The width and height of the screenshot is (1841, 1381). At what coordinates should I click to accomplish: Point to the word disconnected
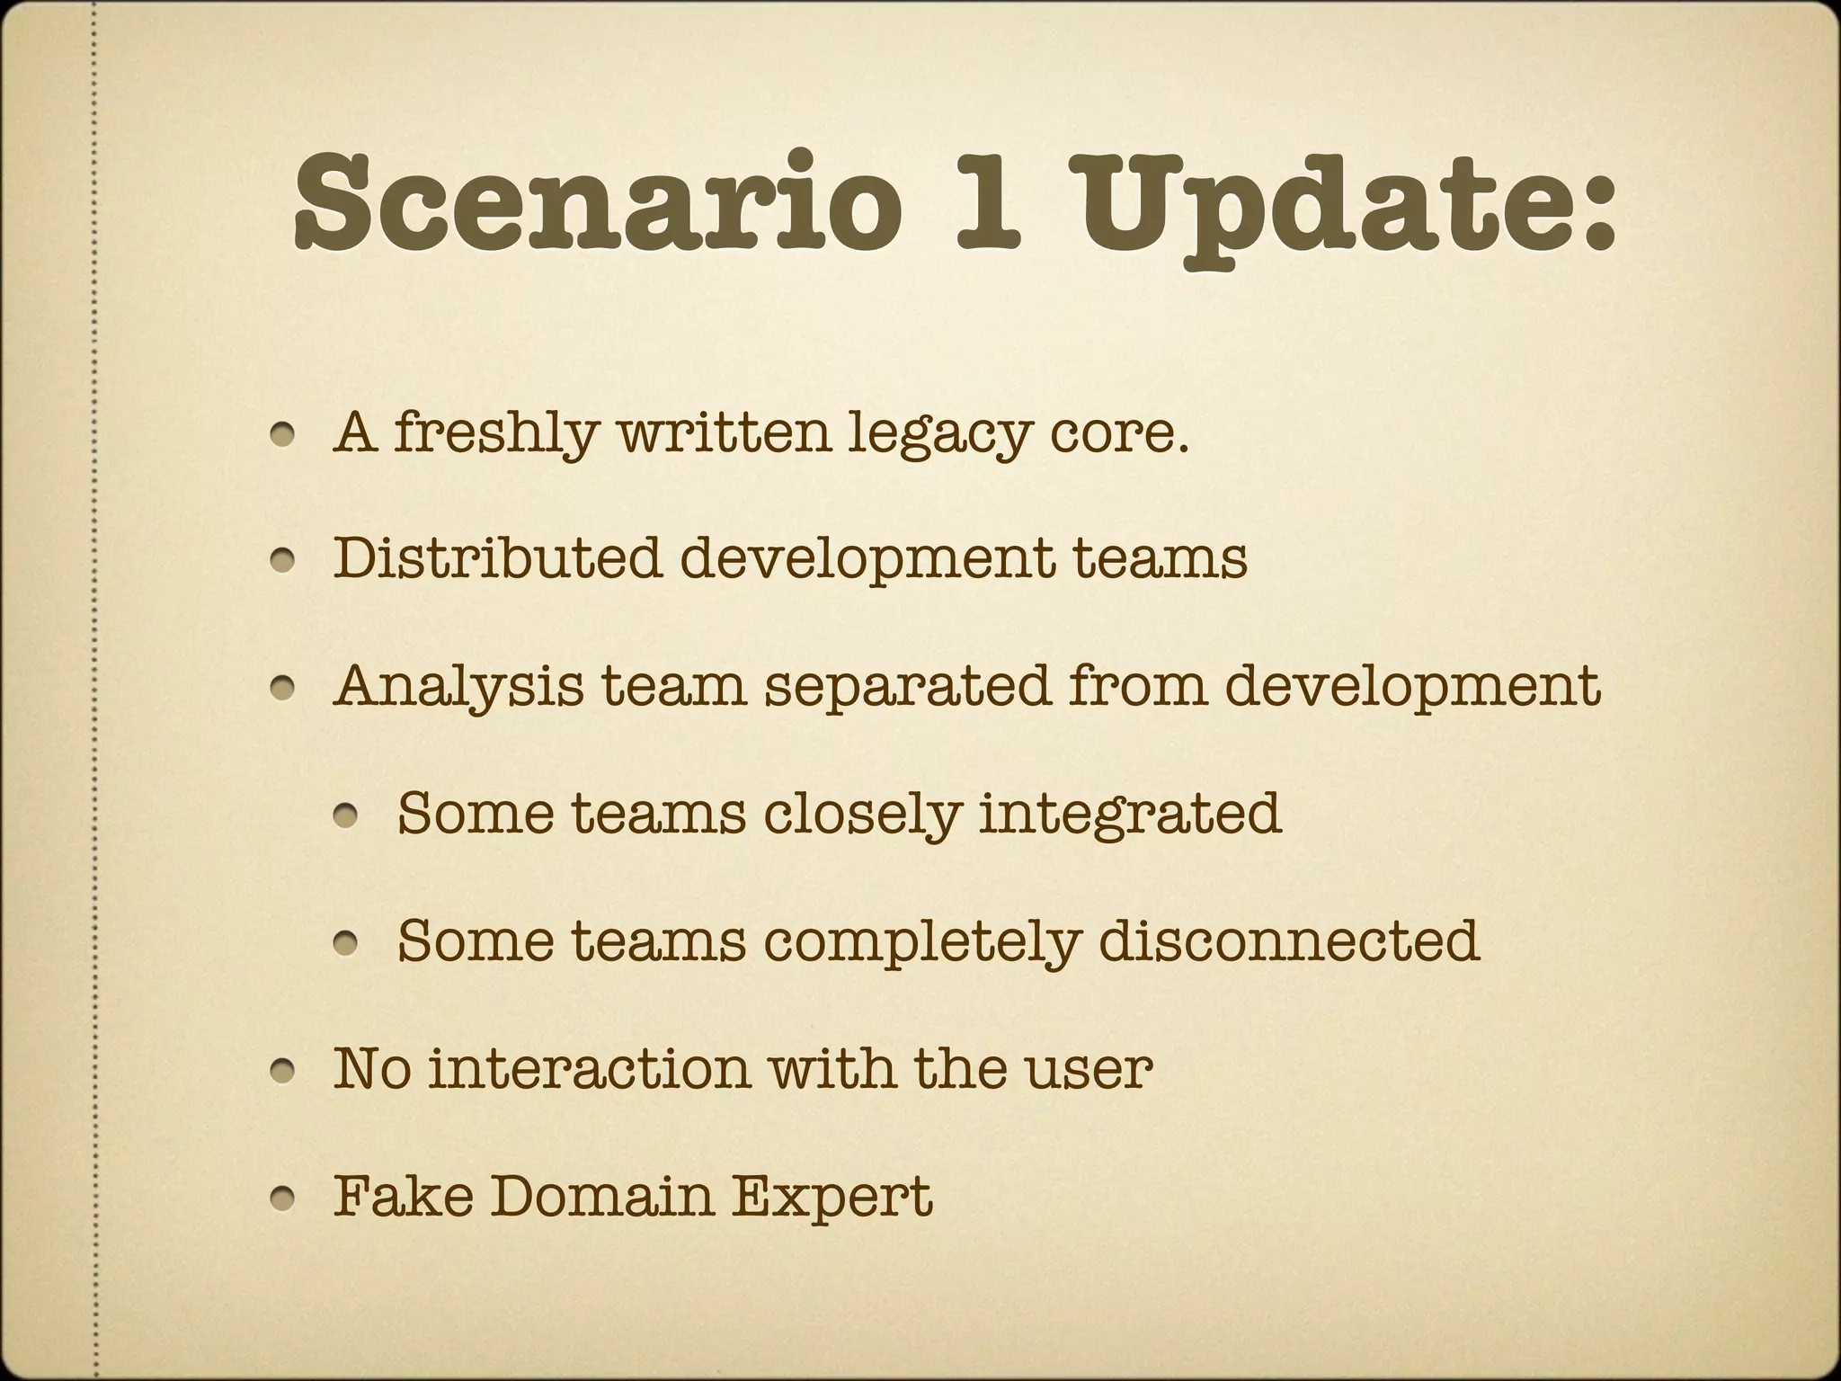[x=1287, y=940]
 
